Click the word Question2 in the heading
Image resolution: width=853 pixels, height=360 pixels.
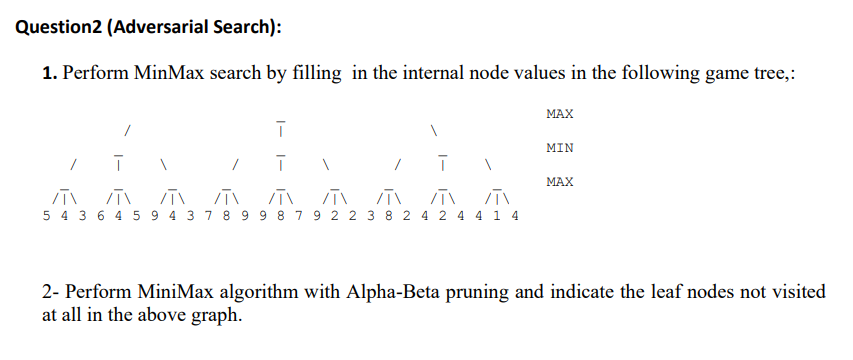[62, 27]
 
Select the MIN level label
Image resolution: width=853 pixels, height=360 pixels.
[560, 148]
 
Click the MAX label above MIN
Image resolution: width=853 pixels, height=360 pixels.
[560, 115]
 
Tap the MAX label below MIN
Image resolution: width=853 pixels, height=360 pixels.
[560, 182]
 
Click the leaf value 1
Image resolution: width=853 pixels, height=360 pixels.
[500, 217]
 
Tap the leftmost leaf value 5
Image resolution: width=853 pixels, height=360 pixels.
[49, 217]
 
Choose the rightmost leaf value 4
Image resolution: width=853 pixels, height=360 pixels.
[513, 217]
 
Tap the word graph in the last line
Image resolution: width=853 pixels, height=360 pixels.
[217, 315]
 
